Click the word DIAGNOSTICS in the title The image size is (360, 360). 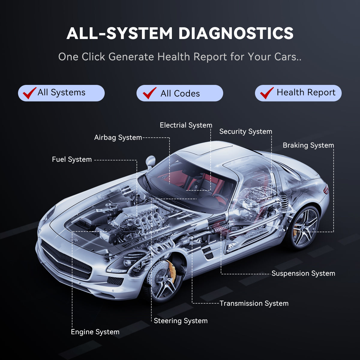[x=236, y=33]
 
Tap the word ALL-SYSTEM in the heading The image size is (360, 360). [x=119, y=33]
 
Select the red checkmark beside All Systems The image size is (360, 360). [x=29, y=93]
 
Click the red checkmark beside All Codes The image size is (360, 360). [x=149, y=93]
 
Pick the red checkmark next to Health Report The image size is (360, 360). [x=267, y=93]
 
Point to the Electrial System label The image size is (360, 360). [x=186, y=125]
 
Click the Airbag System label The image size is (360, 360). [x=118, y=137]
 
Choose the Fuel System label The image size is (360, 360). [x=72, y=159]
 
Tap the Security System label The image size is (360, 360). [x=245, y=131]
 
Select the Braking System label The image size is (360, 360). [x=308, y=145]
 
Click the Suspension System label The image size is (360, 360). [x=303, y=273]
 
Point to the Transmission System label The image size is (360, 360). [x=254, y=303]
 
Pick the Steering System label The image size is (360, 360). [x=181, y=321]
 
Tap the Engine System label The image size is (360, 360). [x=95, y=332]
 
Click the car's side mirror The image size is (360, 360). [x=150, y=162]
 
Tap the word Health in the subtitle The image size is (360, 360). [x=174, y=56]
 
